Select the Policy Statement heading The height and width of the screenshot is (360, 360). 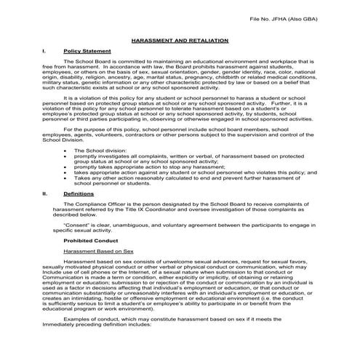87,52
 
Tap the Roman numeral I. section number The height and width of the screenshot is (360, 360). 46,52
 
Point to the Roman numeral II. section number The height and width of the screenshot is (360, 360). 47,194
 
